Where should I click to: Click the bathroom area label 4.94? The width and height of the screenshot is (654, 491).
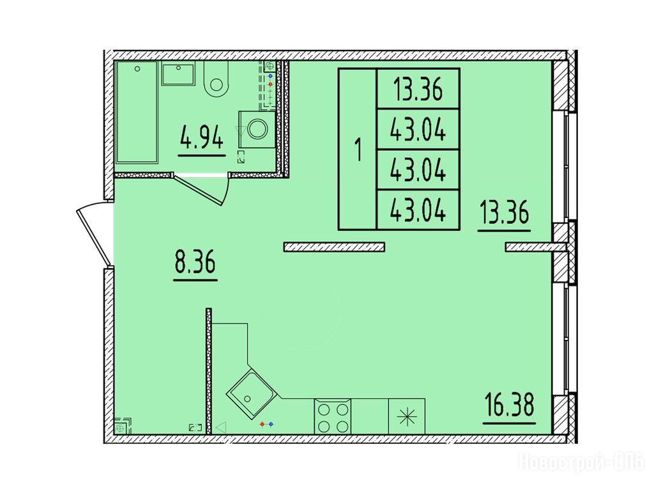tap(202, 138)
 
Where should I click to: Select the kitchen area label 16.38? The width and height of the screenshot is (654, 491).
tap(509, 405)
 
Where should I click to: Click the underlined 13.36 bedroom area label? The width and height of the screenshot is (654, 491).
tap(504, 212)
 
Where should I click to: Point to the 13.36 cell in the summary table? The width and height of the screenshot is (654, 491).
tap(418, 89)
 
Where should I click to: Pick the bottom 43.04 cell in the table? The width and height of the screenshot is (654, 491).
tap(418, 210)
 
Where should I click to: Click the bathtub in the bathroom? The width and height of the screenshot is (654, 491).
tap(137, 112)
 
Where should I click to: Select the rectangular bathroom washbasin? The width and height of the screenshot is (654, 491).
tap(178, 74)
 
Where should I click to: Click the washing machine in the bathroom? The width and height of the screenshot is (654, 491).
tap(257, 129)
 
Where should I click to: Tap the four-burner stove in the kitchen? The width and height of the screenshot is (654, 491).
tap(332, 417)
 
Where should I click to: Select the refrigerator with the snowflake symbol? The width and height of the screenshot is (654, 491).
tap(407, 417)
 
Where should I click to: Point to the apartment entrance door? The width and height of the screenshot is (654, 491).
tap(95, 234)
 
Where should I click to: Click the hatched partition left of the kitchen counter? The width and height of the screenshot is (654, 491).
tap(209, 371)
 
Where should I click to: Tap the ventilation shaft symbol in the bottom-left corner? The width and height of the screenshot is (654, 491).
tap(122, 426)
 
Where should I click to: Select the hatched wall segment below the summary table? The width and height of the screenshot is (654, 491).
tap(334, 247)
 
